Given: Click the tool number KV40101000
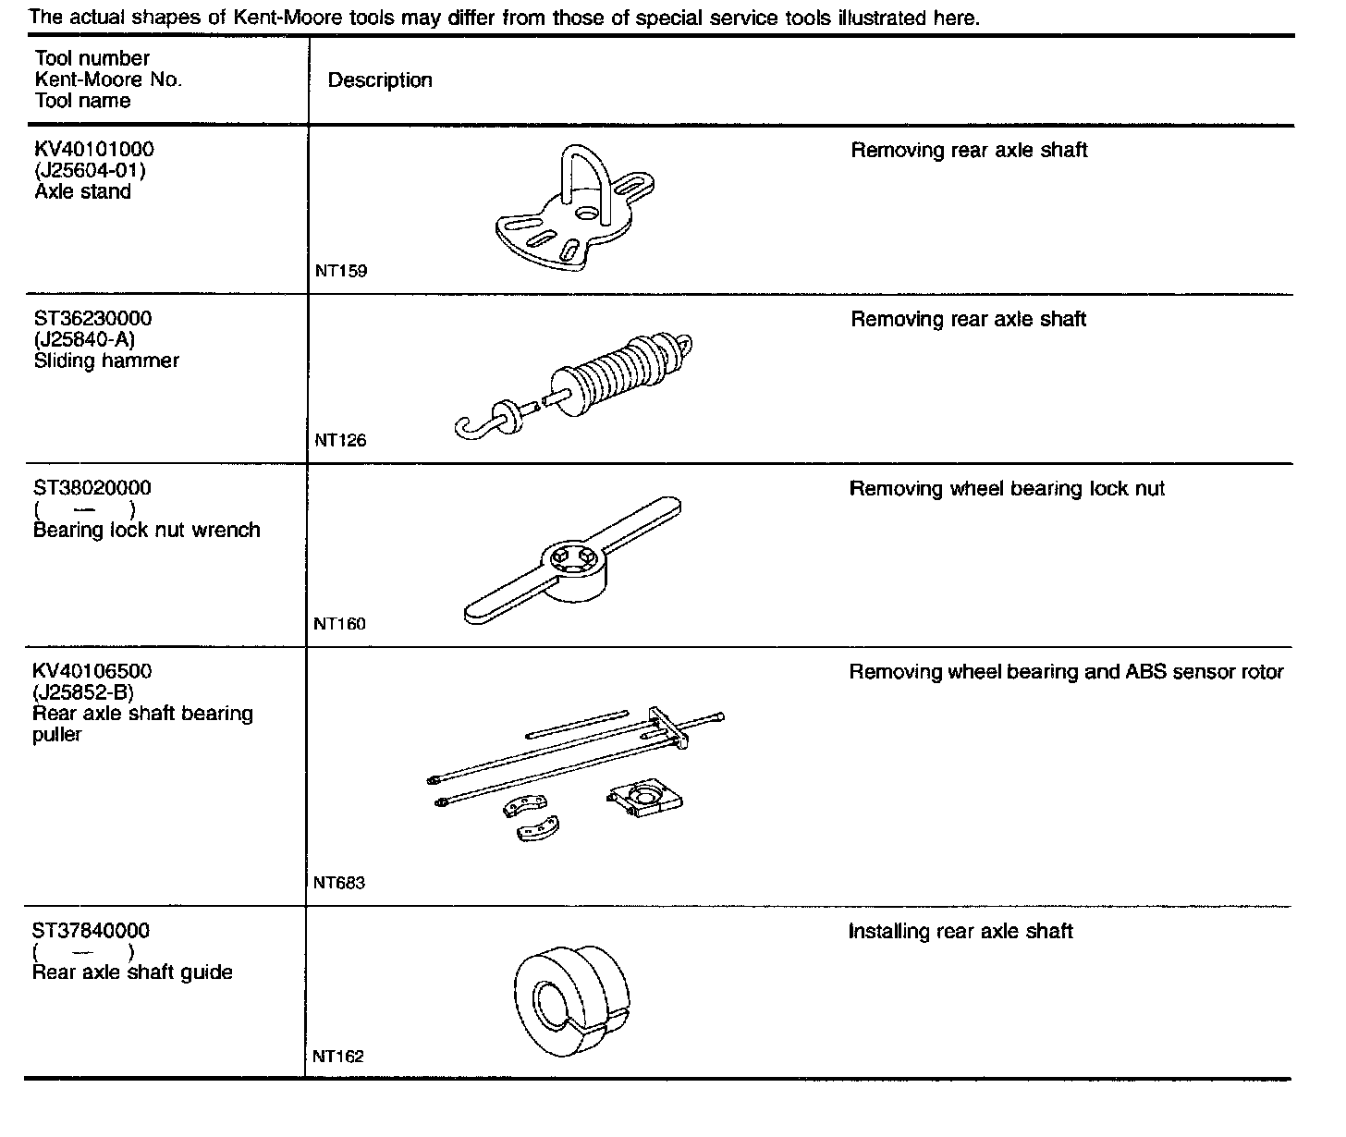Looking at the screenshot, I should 94,150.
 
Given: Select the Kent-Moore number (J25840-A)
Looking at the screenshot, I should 84,339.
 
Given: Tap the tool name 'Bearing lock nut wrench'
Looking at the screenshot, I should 146,531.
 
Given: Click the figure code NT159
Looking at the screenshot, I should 341,271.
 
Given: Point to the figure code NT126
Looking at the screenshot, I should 340,441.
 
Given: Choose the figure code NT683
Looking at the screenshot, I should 339,883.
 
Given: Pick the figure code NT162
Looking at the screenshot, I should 338,1057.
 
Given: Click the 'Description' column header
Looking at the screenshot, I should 380,80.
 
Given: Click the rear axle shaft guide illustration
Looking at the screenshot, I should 568,1001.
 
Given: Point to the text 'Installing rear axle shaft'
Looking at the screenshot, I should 961,931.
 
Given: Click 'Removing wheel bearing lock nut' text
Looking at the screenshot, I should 1007,489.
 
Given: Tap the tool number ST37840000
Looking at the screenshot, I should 91,931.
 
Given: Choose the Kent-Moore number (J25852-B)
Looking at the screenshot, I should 84,692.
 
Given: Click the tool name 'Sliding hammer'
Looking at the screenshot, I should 106,361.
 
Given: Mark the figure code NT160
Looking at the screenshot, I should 339,624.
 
